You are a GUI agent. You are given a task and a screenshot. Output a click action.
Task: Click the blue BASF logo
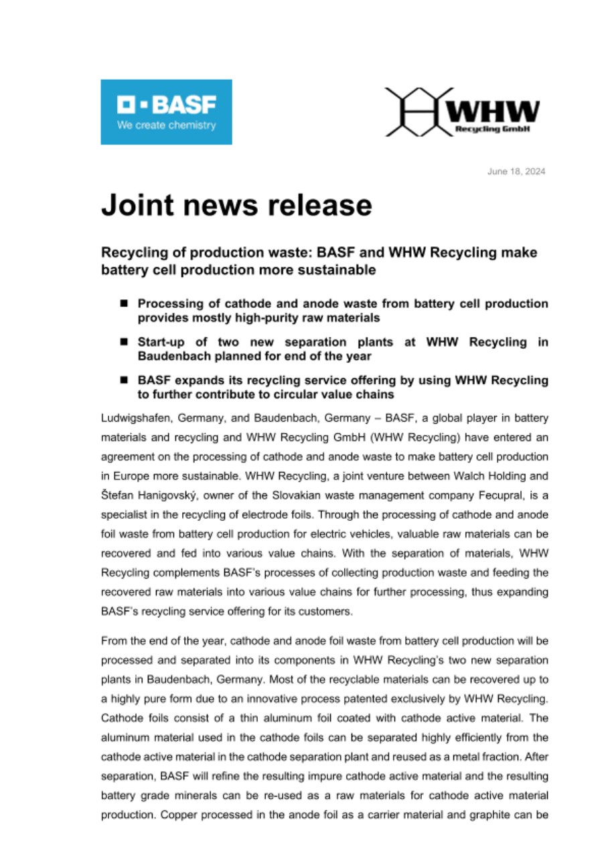166,112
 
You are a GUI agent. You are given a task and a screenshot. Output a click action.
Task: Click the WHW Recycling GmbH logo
462,112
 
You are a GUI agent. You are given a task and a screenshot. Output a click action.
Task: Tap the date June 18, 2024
516,171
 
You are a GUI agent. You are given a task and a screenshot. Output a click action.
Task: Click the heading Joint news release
236,205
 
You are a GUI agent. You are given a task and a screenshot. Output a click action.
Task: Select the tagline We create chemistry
167,125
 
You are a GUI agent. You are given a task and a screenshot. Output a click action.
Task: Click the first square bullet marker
124,303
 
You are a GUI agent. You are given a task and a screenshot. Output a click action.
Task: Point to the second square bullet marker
124,341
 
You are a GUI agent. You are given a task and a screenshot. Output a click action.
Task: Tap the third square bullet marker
124,380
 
